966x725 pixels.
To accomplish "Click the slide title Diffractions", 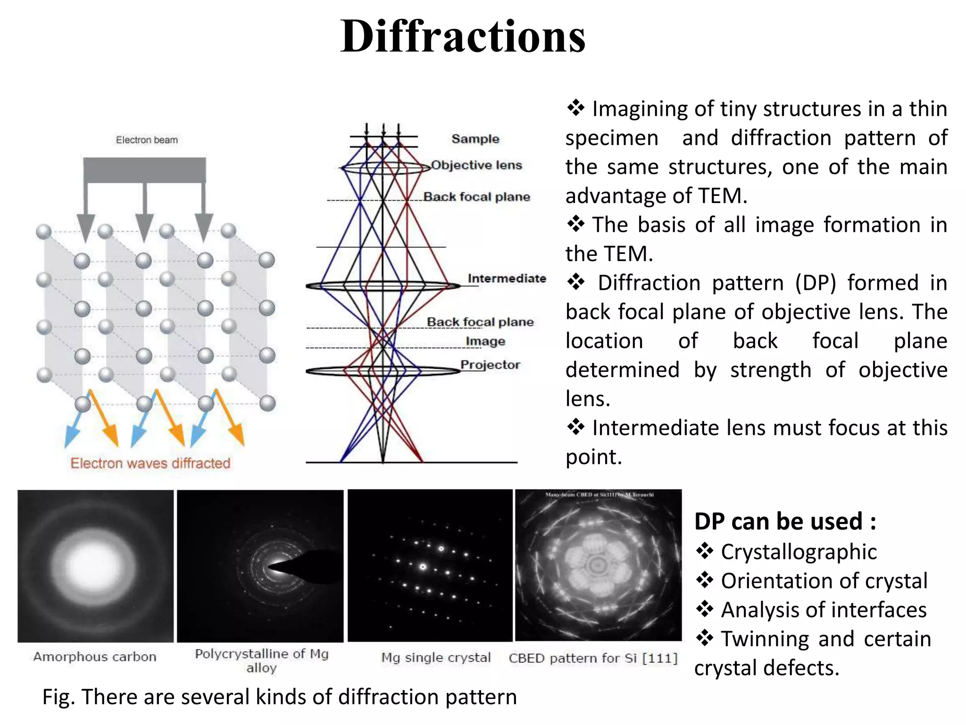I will coord(463,37).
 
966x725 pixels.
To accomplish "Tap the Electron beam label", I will coord(147,140).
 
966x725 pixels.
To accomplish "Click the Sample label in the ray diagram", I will coord(475,139).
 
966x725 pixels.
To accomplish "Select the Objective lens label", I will coord(476,165).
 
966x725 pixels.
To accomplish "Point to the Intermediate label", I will coord(507,278).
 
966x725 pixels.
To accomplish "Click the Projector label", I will coord(490,365).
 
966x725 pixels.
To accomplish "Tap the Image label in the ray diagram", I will coord(485,341).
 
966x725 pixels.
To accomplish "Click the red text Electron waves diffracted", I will coord(150,463).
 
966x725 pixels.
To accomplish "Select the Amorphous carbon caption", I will coord(95,657).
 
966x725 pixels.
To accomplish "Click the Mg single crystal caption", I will coord(436,658).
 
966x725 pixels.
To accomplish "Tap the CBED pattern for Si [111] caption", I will coord(593,658).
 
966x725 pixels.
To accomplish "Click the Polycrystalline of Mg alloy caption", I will coord(262,660).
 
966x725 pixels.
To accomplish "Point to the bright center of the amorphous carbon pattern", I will coord(96,565).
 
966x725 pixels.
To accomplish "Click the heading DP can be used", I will coord(785,522).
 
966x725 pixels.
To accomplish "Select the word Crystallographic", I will coord(799,552).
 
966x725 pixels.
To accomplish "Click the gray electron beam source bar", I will coord(144,170).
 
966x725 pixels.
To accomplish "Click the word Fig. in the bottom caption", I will coord(58,697).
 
